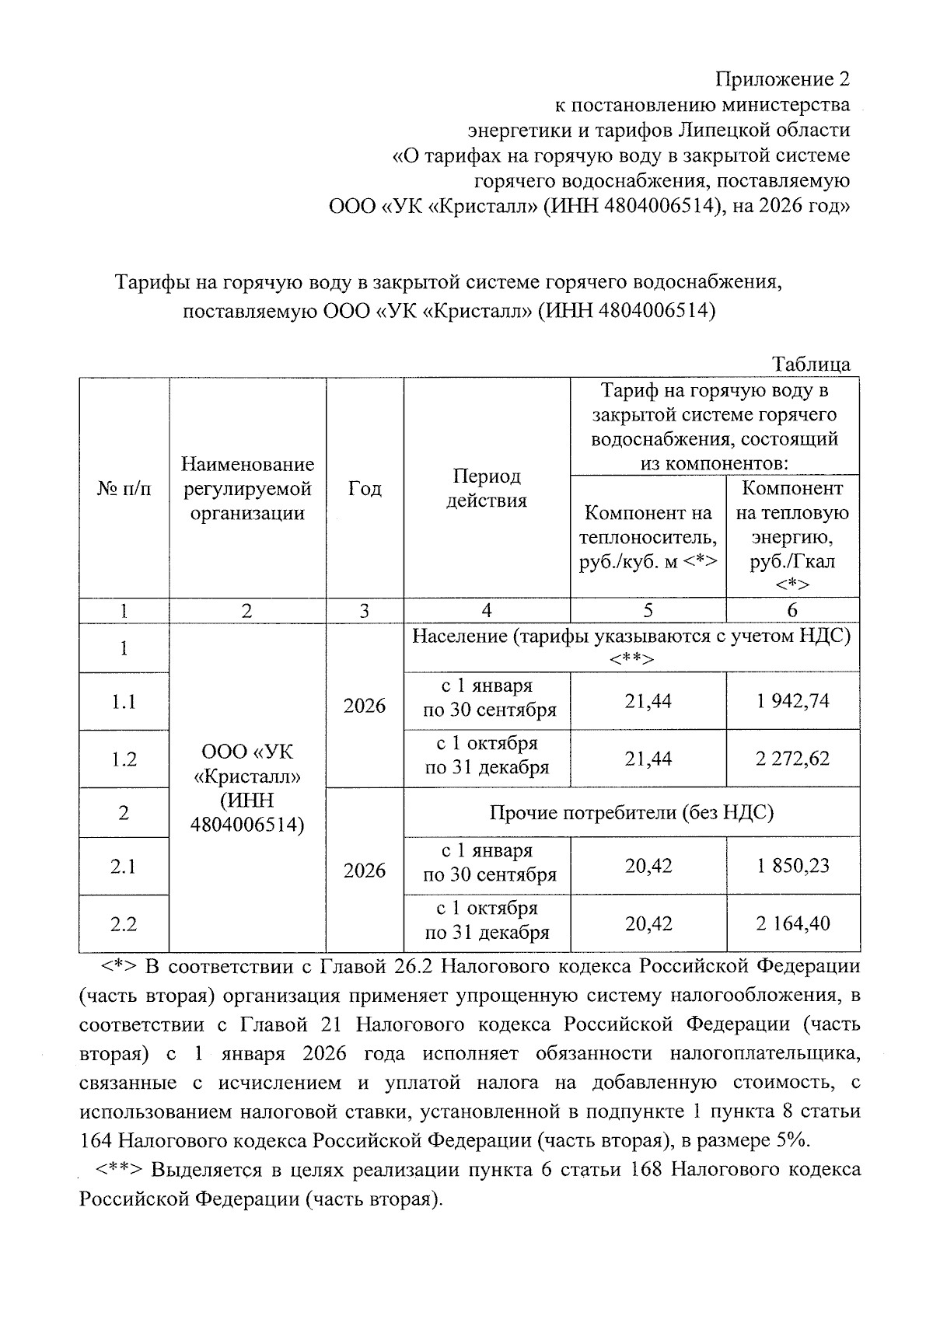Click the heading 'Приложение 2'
click(x=782, y=79)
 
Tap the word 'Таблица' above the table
click(x=811, y=364)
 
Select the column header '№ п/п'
click(x=124, y=489)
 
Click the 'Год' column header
click(x=365, y=489)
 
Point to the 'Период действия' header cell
click(x=486, y=489)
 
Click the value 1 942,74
click(x=792, y=701)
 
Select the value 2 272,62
click(x=792, y=759)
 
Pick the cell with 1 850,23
click(x=792, y=866)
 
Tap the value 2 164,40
click(x=792, y=923)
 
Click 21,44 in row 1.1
click(x=648, y=701)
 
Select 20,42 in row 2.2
click(x=648, y=923)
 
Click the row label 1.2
click(x=124, y=759)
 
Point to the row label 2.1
click(x=124, y=866)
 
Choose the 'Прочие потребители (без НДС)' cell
click(x=631, y=813)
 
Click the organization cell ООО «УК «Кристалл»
click(x=246, y=788)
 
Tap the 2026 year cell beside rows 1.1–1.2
click(x=365, y=706)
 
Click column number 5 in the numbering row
click(x=648, y=611)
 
